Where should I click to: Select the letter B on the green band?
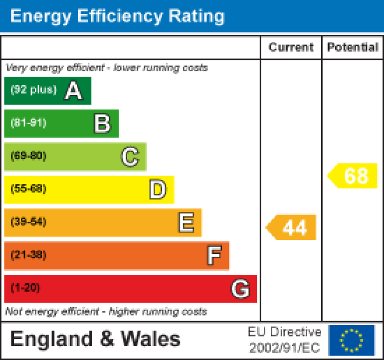102,124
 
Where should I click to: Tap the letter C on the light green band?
130,157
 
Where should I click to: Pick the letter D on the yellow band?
158,190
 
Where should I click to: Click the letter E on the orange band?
186,223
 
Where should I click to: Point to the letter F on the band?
214,256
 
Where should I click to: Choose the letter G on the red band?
240,289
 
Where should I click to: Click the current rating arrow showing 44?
292,227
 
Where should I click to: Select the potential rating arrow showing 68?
353,176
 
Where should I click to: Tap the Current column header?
291,47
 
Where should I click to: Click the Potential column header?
353,47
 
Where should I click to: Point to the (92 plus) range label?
34,90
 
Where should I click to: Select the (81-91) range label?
28,123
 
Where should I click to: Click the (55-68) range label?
28,189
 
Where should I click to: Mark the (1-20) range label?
25,288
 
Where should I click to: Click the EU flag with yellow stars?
351,340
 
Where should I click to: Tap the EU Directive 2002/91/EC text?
285,340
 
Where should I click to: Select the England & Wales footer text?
95,340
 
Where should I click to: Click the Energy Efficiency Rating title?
117,16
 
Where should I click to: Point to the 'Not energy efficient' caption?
106,312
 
